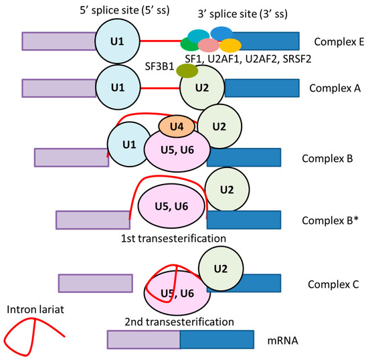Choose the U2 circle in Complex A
click(x=201, y=88)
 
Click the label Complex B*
click(x=329, y=219)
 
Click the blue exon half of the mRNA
click(x=217, y=339)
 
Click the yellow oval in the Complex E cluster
click(x=230, y=46)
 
